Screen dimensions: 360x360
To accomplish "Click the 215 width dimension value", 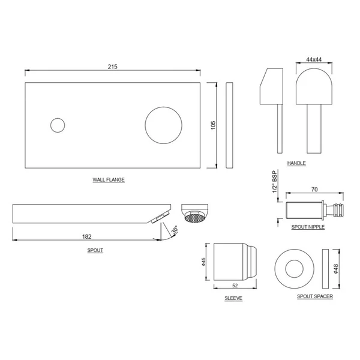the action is click(113, 67).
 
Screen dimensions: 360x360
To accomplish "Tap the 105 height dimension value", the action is click(213, 125).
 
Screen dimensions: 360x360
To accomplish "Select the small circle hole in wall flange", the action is click(58, 125).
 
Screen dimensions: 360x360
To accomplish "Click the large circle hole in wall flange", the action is click(163, 125).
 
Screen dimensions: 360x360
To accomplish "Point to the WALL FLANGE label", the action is click(109, 180).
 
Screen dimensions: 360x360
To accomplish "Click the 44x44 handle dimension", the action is click(314, 59).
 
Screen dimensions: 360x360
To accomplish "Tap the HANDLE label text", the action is click(296, 163).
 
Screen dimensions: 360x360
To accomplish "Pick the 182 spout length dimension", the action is click(87, 236).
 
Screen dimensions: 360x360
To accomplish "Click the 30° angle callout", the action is click(175, 230).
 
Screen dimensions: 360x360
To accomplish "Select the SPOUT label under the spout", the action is click(95, 250).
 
